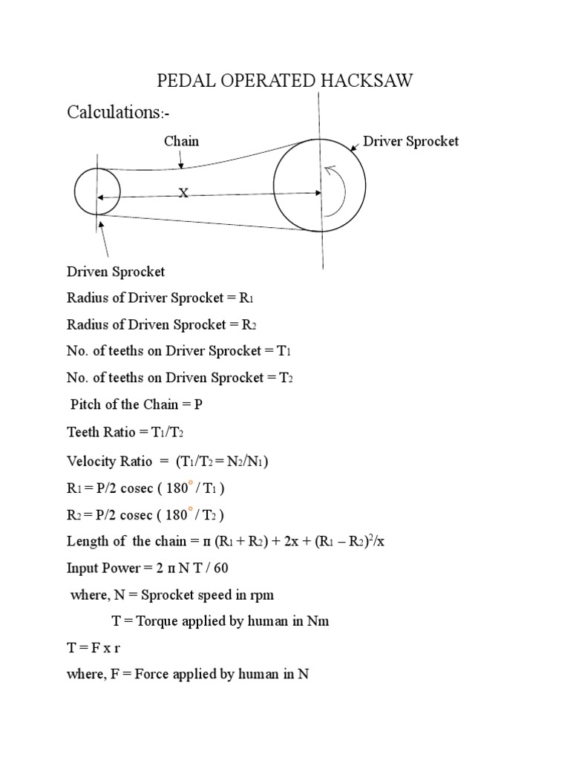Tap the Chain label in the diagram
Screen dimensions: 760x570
(x=181, y=141)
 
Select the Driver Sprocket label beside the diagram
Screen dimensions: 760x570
(x=410, y=141)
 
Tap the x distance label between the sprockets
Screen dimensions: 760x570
(x=183, y=192)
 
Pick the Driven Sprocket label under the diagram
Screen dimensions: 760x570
(x=116, y=271)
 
